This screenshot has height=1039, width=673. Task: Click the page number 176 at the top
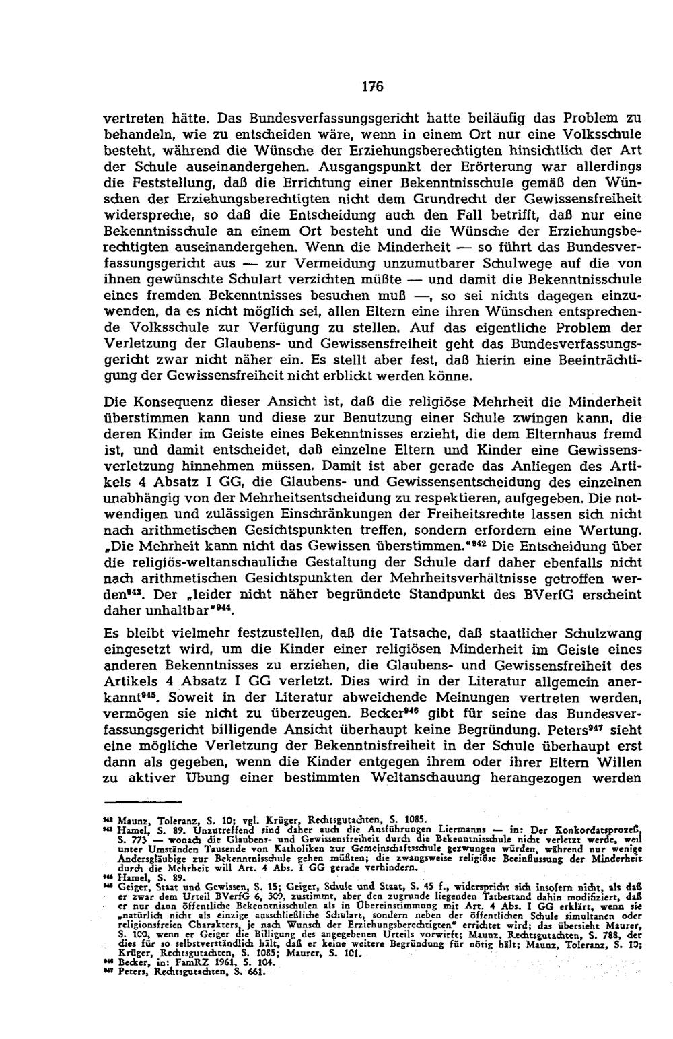pyautogui.click(x=372, y=86)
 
